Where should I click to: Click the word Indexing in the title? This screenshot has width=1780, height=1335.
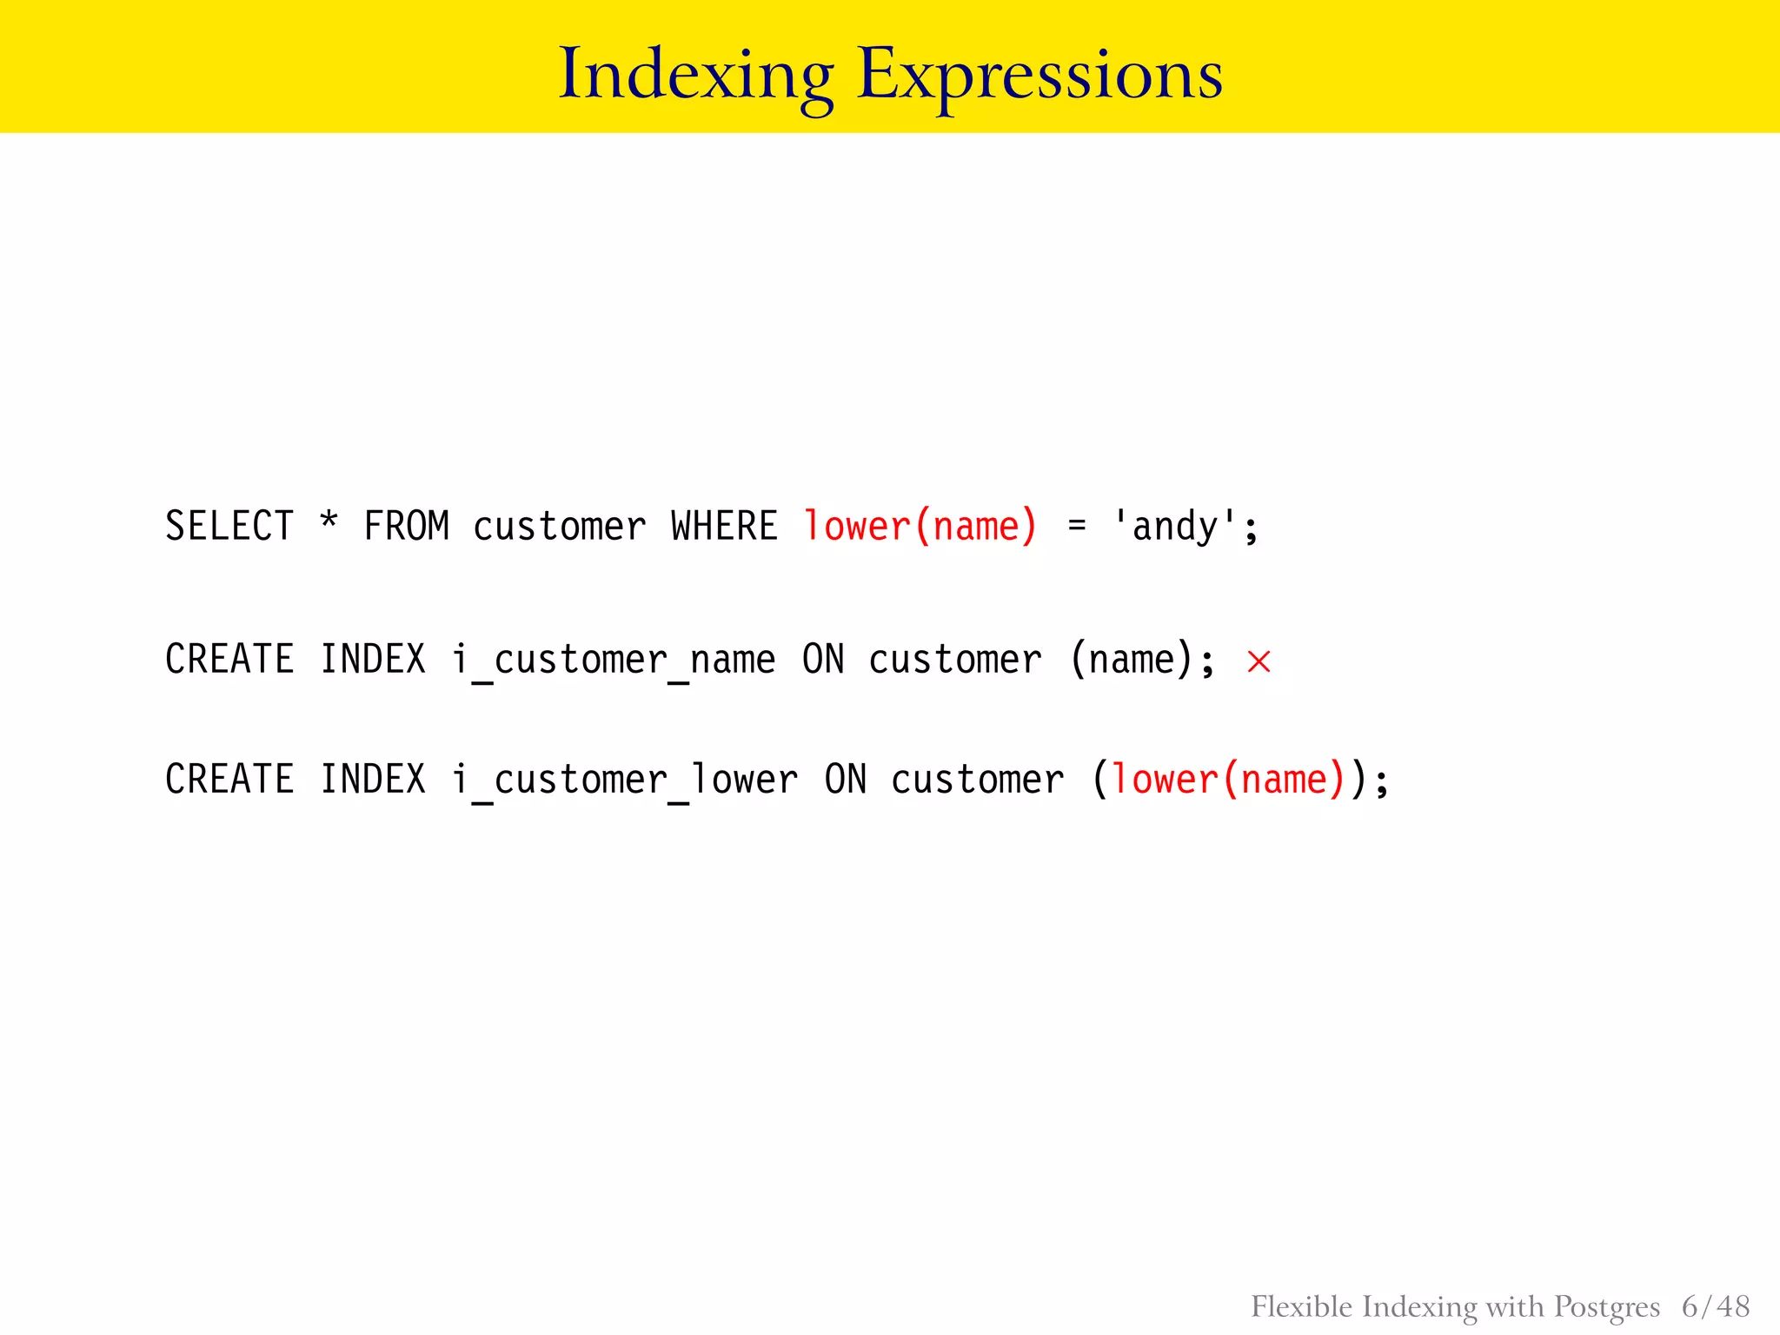[x=695, y=76]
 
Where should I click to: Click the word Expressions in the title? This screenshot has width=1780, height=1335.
[x=1039, y=76]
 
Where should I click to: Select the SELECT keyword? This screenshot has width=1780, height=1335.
[x=229, y=527]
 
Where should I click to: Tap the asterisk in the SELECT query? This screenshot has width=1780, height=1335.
[x=329, y=521]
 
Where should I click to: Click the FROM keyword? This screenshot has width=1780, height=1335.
[x=406, y=527]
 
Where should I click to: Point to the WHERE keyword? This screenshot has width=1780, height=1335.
[x=724, y=527]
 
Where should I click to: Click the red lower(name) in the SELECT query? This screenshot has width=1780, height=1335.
[x=920, y=527]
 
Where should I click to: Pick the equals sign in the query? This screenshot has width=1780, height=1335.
[x=1077, y=527]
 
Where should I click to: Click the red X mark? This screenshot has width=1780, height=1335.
[x=1259, y=661]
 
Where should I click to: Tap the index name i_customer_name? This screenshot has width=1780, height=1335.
[x=613, y=660]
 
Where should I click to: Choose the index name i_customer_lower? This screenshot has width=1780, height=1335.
[x=624, y=780]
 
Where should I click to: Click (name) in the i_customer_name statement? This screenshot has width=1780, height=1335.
[x=1132, y=660]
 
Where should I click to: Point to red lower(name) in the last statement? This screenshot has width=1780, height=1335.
[x=1227, y=780]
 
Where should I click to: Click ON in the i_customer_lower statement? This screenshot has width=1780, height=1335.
[x=845, y=780]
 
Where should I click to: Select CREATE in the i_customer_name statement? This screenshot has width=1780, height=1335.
[x=229, y=660]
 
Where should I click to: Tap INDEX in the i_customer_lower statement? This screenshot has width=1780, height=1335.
[x=373, y=780]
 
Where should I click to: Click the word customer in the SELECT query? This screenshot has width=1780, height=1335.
[x=559, y=527]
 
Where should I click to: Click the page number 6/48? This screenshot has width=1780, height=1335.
[x=1715, y=1306]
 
